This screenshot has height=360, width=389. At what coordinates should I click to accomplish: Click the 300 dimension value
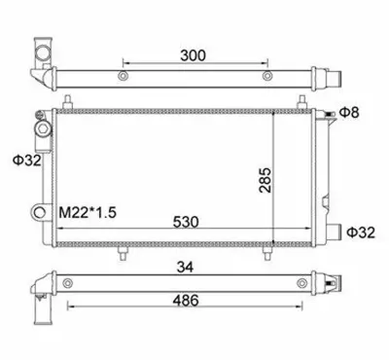point(193,55)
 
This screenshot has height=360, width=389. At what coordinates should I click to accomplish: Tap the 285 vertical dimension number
point(265,180)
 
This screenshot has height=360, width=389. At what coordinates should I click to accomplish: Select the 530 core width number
point(186,222)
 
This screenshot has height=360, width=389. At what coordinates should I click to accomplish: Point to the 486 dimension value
point(186,301)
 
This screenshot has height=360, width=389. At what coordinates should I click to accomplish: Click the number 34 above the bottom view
point(185,268)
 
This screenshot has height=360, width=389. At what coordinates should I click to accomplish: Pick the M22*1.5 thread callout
point(88,213)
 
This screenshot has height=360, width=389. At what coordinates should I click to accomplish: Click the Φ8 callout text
point(349,113)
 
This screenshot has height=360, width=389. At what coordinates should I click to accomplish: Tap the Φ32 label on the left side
point(27,161)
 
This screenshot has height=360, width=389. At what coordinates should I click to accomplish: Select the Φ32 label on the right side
point(361,233)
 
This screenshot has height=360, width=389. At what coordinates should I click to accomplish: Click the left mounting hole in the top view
point(124,76)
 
